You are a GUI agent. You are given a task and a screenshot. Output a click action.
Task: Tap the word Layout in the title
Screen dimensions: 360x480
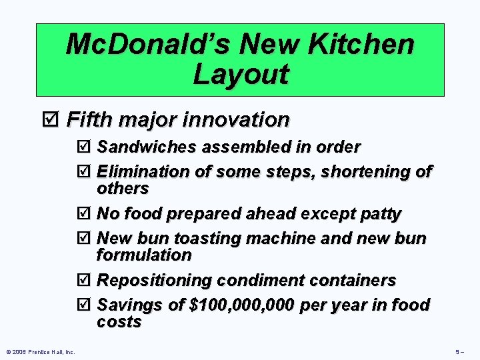click(241, 74)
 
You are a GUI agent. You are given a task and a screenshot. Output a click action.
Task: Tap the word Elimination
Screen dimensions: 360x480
click(143, 172)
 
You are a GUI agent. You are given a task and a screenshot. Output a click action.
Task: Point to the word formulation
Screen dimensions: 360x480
click(144, 255)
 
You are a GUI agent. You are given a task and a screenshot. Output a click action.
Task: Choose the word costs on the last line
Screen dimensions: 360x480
click(119, 322)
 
